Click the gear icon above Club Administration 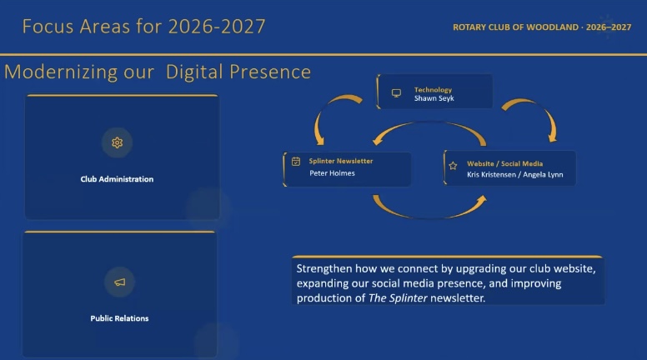(x=118, y=142)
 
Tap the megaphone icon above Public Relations (x=120, y=282)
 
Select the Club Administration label (x=117, y=179)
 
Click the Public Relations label (x=119, y=318)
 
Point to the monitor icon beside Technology (x=396, y=93)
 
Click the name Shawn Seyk (x=434, y=98)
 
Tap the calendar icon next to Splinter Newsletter (x=296, y=161)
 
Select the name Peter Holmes (x=332, y=173)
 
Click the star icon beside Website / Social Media (x=453, y=166)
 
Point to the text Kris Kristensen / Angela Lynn (x=515, y=174)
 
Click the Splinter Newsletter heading (x=341, y=161)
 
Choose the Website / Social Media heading (x=504, y=163)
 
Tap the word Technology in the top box (x=433, y=89)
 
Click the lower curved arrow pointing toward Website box (x=429, y=215)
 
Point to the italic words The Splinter (x=398, y=297)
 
